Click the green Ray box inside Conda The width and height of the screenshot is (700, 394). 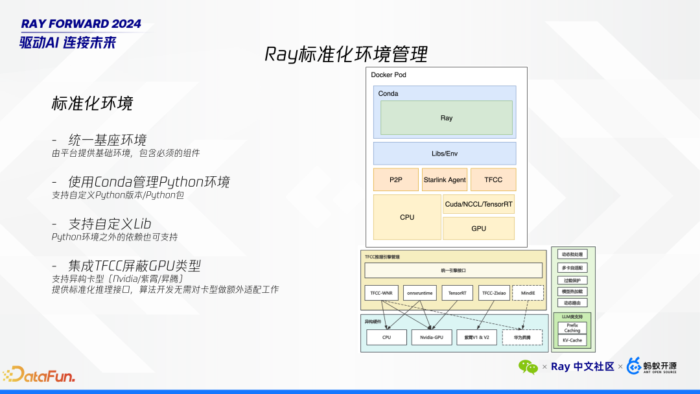pyautogui.click(x=446, y=118)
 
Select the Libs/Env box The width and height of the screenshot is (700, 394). pyautogui.click(x=445, y=154)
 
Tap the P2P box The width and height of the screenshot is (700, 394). pyautogui.click(x=395, y=180)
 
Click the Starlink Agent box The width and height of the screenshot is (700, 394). pyautogui.click(x=445, y=180)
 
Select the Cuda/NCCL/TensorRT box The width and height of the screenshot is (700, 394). pyautogui.click(x=478, y=204)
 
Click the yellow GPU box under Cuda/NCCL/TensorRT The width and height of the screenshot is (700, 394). pyautogui.click(x=478, y=228)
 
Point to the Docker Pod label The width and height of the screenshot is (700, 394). pyautogui.click(x=388, y=75)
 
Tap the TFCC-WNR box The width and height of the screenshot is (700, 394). pyautogui.click(x=380, y=293)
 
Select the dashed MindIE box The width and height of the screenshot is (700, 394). pyautogui.click(x=528, y=293)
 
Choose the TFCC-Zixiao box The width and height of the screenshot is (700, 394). pyautogui.click(x=495, y=293)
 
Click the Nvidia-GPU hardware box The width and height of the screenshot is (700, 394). pyautogui.click(x=431, y=337)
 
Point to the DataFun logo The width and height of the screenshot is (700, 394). pyautogui.click(x=39, y=375)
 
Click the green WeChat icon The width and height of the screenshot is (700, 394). pyautogui.click(x=528, y=367)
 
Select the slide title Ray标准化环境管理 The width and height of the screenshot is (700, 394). pyautogui.click(x=346, y=54)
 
